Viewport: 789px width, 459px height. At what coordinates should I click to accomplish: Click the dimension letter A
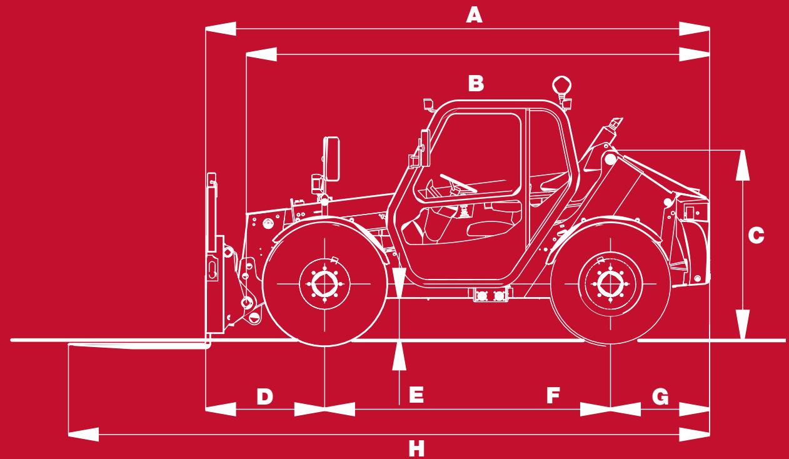tap(475, 16)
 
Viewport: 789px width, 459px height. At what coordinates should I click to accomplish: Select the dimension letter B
tap(476, 83)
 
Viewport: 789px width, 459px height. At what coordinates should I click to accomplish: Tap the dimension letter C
tap(756, 236)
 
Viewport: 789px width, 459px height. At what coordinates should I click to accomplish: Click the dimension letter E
tap(416, 395)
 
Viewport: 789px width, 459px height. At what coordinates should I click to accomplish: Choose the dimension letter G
tap(660, 396)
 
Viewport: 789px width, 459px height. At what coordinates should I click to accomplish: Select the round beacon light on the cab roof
tap(562, 85)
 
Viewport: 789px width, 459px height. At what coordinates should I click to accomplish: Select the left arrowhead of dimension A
tap(221, 29)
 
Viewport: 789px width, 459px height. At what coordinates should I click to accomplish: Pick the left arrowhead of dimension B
tap(262, 55)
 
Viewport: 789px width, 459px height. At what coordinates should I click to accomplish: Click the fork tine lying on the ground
tap(138, 344)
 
